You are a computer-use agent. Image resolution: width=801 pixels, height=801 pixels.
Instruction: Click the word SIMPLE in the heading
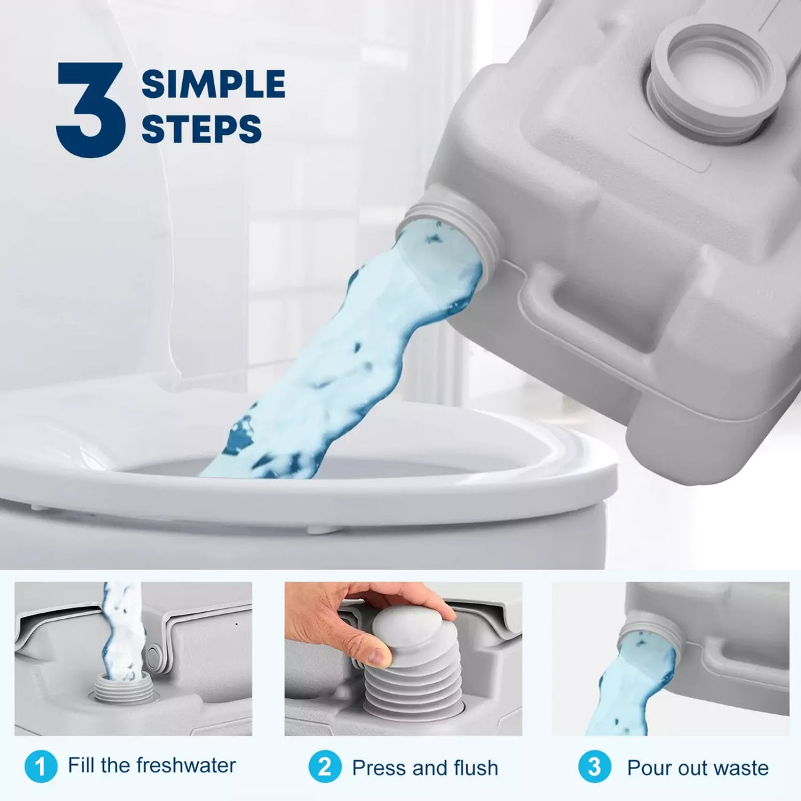[x=214, y=84]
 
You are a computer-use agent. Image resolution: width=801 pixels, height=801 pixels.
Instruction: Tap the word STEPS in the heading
[x=202, y=129]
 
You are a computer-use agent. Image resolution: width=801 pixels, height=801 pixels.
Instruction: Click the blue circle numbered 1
[x=41, y=766]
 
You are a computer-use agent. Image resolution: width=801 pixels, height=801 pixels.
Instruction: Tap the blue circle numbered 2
[x=325, y=766]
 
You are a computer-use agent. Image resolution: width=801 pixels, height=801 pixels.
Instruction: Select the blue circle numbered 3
[x=594, y=766]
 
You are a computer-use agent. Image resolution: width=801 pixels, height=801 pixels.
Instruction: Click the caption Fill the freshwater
[x=152, y=765]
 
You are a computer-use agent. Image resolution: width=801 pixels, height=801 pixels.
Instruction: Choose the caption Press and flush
[x=425, y=768]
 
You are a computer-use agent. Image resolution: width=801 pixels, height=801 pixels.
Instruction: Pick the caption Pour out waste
[x=698, y=768]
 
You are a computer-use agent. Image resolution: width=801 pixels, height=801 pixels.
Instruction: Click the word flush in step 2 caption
[x=474, y=768]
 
